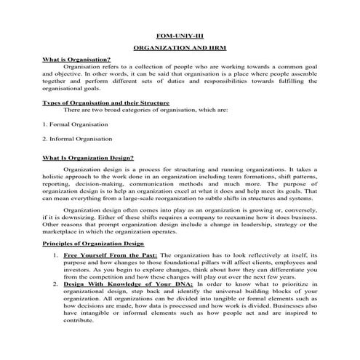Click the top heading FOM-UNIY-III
pyautogui.click(x=180, y=36)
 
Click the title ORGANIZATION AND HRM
pyautogui.click(x=180, y=48)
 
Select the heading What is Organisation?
pyautogui.click(x=76, y=60)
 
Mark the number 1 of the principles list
pyautogui.click(x=56, y=256)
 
